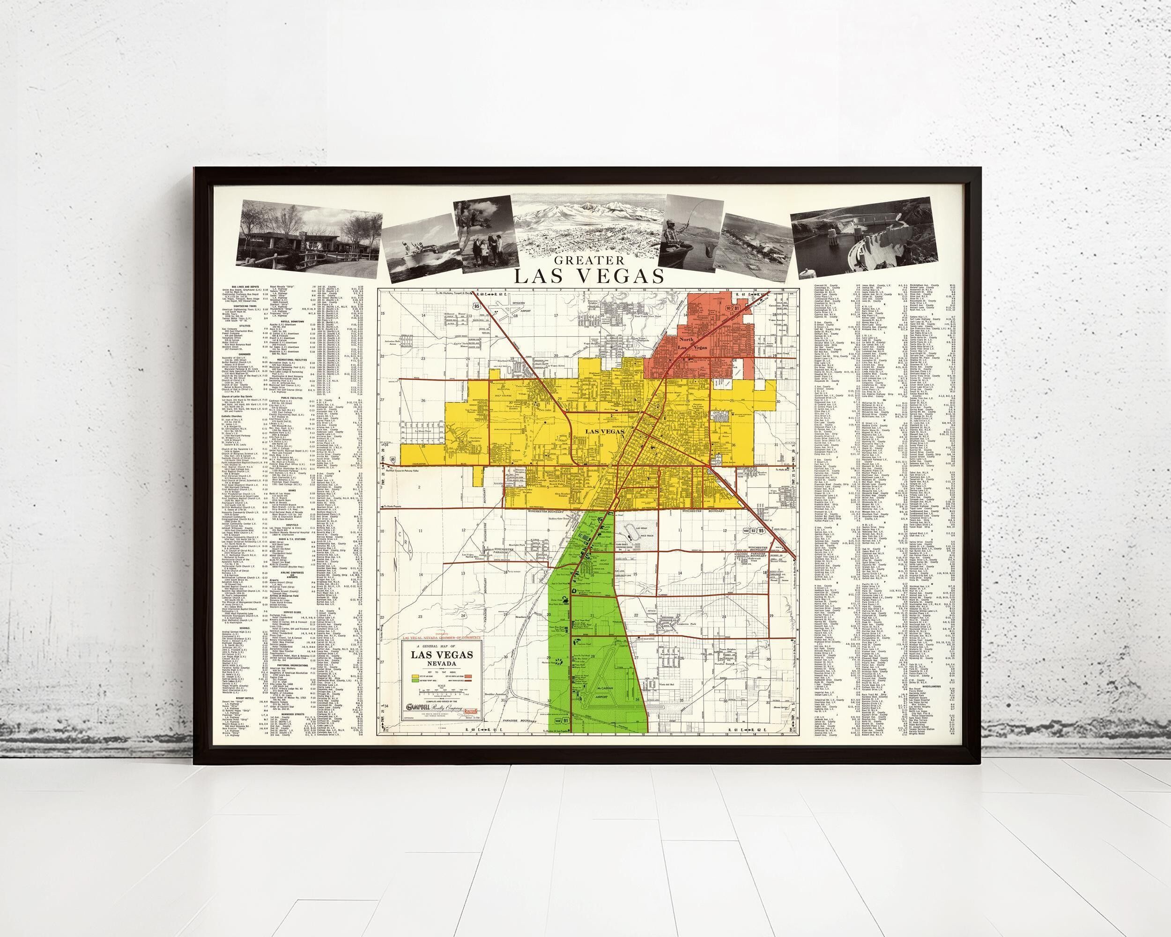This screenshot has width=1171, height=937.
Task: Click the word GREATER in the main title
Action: [589, 260]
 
